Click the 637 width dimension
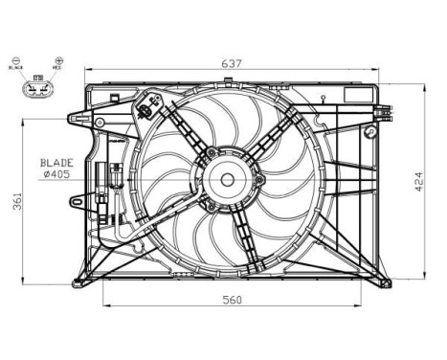point(232,64)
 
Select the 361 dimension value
point(11,202)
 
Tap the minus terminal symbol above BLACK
point(15,60)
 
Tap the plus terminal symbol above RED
point(59,60)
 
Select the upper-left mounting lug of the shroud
point(77,120)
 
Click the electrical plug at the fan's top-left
point(146,105)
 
